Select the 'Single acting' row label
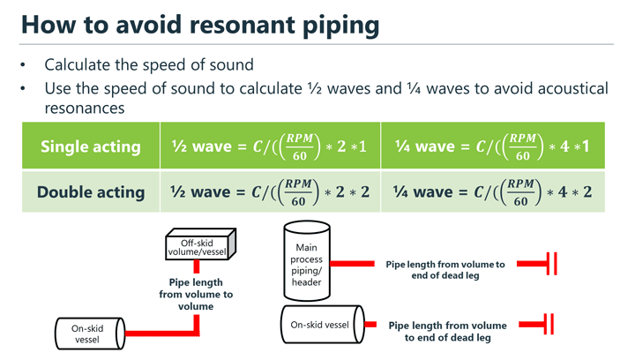pos(91,146)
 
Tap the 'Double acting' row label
pos(91,191)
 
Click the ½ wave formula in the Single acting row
pos(270,146)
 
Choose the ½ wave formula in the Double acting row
pos(270,191)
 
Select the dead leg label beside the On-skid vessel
pos(447,331)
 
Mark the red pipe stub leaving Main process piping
pos(353,263)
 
